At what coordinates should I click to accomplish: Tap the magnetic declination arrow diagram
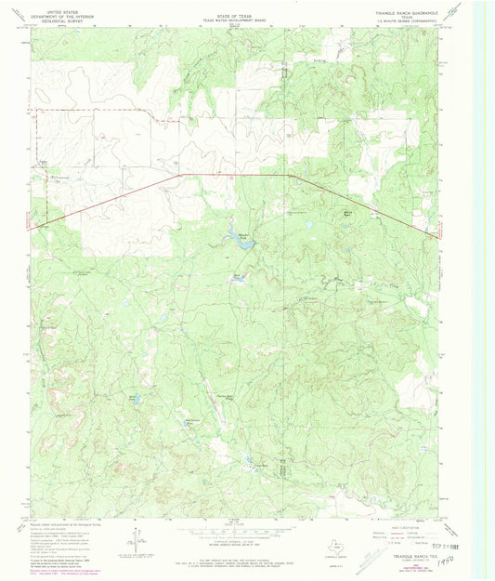[x=137, y=538]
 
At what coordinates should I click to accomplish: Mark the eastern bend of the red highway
[x=290, y=175]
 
